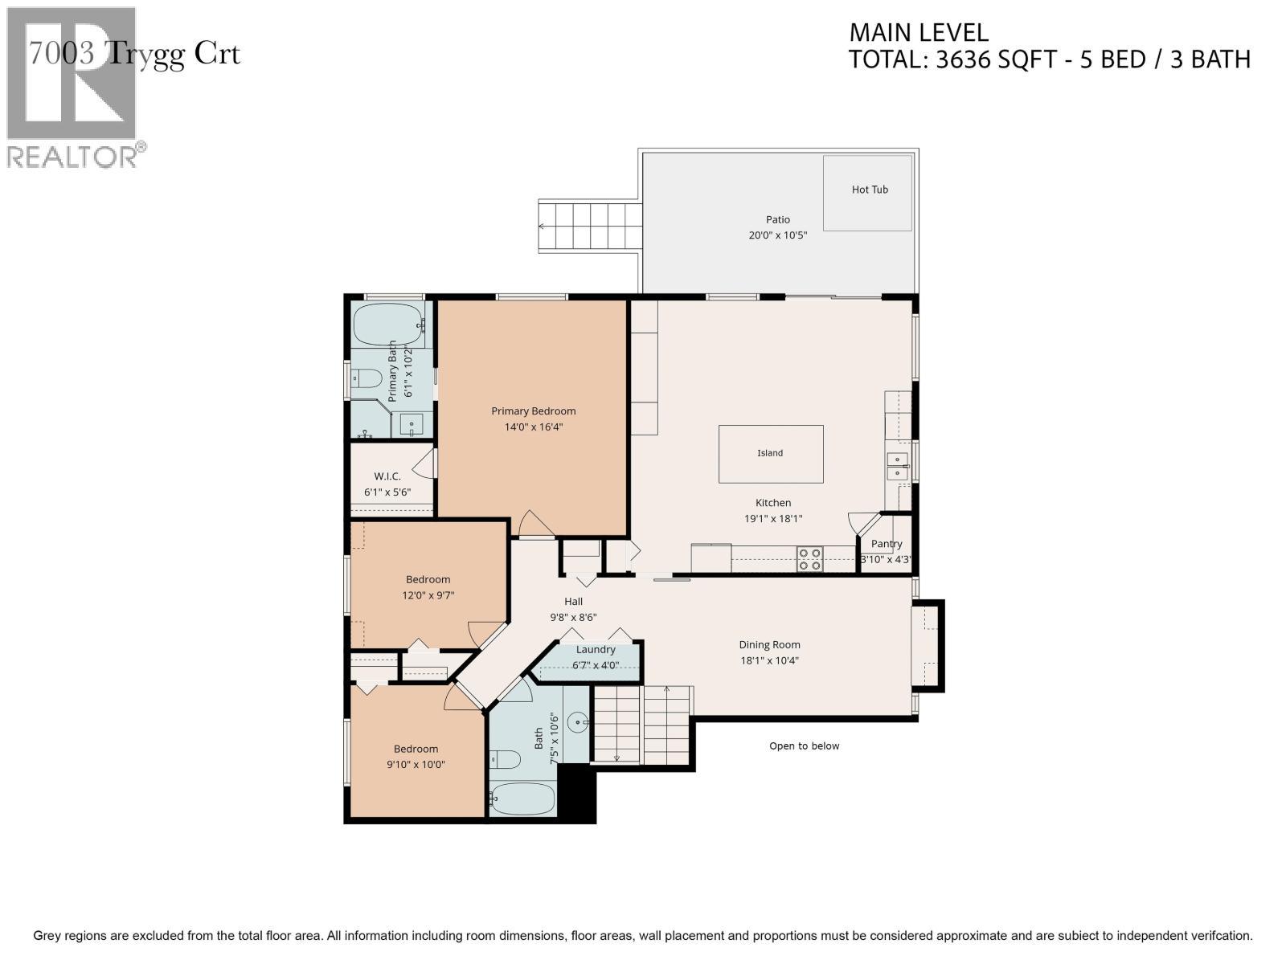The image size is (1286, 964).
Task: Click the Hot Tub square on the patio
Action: pyautogui.click(x=868, y=193)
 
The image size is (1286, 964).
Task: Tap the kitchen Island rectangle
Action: pyautogui.click(x=771, y=454)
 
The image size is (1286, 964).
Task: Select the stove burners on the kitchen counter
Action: pyautogui.click(x=809, y=559)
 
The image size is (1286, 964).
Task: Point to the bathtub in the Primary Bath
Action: pyautogui.click(x=388, y=325)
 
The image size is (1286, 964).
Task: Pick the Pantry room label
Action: pyautogui.click(x=887, y=544)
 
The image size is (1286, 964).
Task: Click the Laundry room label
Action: pyautogui.click(x=596, y=649)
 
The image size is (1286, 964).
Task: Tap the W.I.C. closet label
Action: pyautogui.click(x=387, y=476)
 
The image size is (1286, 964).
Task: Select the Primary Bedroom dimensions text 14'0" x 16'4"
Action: pyautogui.click(x=533, y=427)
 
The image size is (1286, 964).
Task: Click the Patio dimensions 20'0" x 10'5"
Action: pyautogui.click(x=778, y=235)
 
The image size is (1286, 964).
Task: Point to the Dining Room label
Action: pyautogui.click(x=769, y=644)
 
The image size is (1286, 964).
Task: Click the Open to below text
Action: pyautogui.click(x=804, y=745)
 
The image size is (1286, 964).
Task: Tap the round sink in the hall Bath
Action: pyautogui.click(x=578, y=723)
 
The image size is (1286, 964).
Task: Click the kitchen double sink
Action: pyautogui.click(x=898, y=466)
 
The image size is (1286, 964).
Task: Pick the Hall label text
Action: pyautogui.click(x=574, y=601)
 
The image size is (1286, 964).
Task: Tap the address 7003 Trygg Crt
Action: pyautogui.click(x=134, y=54)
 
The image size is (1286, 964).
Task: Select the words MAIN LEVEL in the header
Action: pyautogui.click(x=919, y=33)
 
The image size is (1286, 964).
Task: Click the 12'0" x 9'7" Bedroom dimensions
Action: pyautogui.click(x=428, y=595)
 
